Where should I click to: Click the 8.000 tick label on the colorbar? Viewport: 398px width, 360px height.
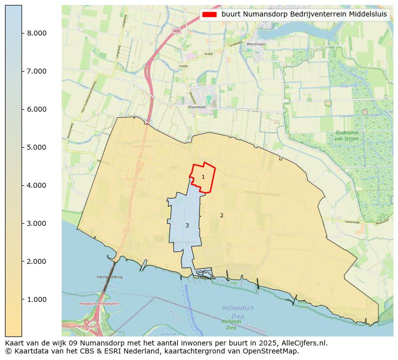[x=37, y=33]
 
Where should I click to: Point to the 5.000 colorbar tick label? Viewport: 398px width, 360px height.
[x=37, y=147]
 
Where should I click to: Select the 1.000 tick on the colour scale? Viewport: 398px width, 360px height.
[x=37, y=299]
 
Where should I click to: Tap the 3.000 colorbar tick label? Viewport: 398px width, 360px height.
[x=37, y=223]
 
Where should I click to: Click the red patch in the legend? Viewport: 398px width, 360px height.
[x=210, y=14]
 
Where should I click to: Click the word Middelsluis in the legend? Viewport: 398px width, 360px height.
[x=368, y=14]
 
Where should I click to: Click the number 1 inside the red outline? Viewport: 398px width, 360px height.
[x=203, y=177]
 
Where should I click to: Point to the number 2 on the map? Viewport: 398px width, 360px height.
[x=222, y=215]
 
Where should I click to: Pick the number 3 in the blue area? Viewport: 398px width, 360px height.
[x=187, y=225]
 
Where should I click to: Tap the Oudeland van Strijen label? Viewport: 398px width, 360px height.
[x=346, y=135]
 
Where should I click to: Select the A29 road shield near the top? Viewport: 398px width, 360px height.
[x=176, y=31]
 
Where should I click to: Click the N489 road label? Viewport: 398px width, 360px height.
[x=209, y=54]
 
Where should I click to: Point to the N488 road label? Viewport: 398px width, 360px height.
[x=183, y=66]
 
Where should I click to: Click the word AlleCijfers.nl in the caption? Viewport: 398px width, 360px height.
[x=306, y=343]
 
